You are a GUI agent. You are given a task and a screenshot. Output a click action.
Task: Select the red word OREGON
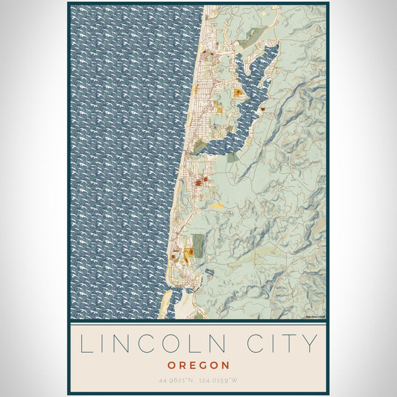198,365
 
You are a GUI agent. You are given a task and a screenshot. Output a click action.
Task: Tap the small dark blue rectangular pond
209,272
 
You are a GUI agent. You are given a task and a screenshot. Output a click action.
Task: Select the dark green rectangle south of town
198,243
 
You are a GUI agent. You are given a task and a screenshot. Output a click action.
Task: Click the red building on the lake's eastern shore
263,106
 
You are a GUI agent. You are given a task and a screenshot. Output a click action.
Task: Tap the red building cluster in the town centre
200,182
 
